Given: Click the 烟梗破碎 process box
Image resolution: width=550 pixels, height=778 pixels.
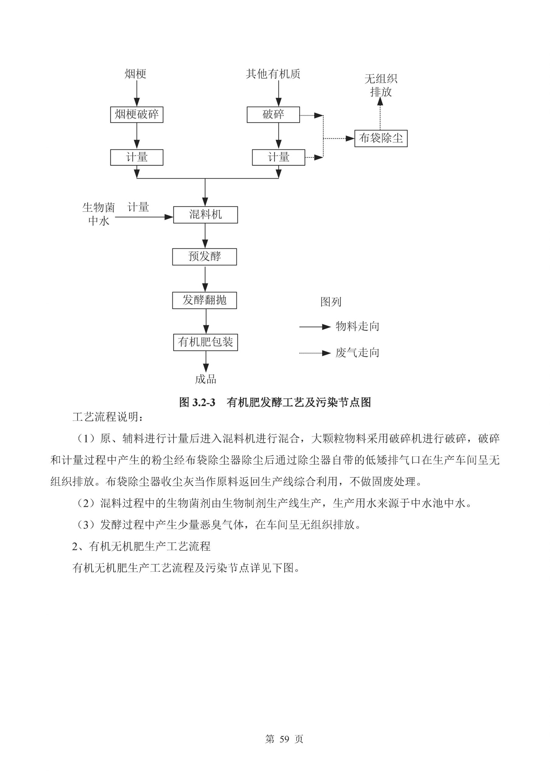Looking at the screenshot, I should (x=136, y=115).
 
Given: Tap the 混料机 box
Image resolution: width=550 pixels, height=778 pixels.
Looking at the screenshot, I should (x=205, y=215).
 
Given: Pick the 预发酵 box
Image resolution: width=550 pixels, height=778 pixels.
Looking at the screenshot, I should (x=204, y=256).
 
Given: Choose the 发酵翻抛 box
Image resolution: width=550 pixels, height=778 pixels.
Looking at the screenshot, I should (x=204, y=300).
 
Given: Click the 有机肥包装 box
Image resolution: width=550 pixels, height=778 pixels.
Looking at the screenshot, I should (x=205, y=342).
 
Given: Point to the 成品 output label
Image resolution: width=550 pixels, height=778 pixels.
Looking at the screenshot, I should (x=205, y=379).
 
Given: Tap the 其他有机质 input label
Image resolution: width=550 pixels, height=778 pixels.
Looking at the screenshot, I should (x=273, y=74).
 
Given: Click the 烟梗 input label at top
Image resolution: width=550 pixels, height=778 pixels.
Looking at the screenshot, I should (x=135, y=74).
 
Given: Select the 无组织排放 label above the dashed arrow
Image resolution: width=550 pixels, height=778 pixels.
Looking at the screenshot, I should (x=380, y=85).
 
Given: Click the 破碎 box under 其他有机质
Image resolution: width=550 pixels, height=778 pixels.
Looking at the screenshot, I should (x=273, y=115).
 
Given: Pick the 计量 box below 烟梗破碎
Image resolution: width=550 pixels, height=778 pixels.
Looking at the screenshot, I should (x=136, y=157).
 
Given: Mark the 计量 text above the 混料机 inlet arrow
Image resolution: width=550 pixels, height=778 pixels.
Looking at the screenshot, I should (x=138, y=207).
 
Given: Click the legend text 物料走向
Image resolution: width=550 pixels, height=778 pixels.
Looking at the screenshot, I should (x=357, y=326).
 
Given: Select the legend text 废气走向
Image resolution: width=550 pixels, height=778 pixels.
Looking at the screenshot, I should (x=357, y=353).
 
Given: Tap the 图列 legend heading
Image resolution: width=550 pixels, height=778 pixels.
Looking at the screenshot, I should (x=330, y=301).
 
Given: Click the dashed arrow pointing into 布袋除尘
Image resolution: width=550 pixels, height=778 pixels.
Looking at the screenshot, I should (x=339, y=138).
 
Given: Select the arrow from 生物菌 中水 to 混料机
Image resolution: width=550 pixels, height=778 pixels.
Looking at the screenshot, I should (x=144, y=217).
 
